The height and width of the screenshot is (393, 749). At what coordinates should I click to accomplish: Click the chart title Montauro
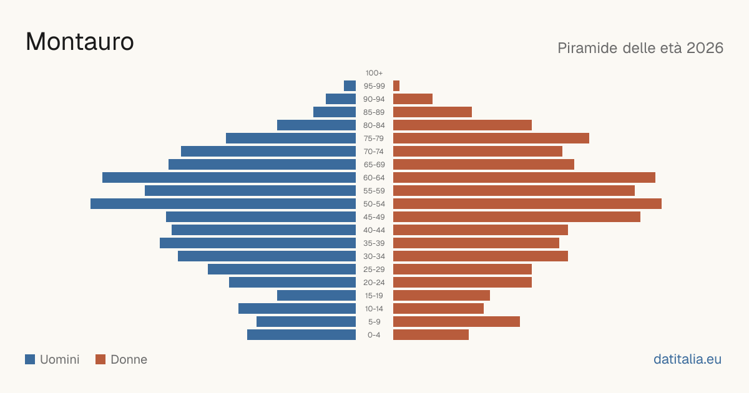click(80, 42)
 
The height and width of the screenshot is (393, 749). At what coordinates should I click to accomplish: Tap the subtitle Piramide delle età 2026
click(640, 48)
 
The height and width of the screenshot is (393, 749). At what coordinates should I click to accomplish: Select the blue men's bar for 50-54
click(223, 204)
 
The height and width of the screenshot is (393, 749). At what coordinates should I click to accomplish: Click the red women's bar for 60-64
click(524, 177)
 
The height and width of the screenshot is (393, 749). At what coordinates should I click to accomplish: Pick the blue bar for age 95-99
click(350, 86)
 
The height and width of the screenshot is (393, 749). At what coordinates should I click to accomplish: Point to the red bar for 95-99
click(396, 86)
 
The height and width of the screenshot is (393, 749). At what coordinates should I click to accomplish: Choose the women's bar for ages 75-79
click(491, 138)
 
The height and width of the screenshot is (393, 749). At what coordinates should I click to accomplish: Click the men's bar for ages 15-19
click(316, 296)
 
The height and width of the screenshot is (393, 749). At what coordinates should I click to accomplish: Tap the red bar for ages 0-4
click(431, 335)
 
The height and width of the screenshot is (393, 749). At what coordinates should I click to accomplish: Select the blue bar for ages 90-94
click(341, 99)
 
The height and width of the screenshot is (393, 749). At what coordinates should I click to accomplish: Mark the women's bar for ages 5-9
click(456, 322)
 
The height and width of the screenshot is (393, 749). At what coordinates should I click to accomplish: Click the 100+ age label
click(374, 73)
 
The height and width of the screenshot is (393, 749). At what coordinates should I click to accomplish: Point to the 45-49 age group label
click(374, 217)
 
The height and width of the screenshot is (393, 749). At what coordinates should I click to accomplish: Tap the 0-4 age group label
click(374, 335)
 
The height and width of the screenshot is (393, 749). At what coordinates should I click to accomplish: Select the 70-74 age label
click(373, 152)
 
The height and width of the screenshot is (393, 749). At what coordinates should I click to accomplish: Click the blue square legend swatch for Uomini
click(30, 359)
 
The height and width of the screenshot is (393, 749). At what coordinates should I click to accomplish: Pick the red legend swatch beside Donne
click(100, 359)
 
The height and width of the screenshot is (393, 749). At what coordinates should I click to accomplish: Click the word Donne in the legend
click(129, 359)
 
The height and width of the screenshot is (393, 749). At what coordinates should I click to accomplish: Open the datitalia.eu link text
click(687, 359)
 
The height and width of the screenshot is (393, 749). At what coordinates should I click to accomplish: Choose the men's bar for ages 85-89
click(335, 112)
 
